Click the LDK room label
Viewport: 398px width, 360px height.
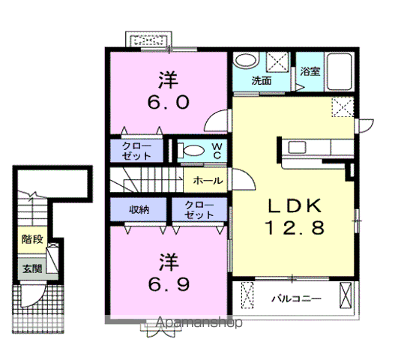295,205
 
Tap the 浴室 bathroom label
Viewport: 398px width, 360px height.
310,71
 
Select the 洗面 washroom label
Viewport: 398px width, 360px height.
262,81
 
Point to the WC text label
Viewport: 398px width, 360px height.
217,151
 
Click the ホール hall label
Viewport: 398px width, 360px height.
208,181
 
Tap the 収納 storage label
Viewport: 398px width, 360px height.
139,210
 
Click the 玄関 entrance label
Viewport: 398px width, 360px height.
32,268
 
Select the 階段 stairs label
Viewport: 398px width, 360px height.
32,239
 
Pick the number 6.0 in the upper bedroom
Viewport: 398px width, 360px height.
169,103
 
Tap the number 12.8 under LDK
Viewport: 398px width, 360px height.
295,227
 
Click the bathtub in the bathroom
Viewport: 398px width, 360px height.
340,71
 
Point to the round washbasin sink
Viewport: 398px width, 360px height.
246,61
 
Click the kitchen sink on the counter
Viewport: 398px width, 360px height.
297,147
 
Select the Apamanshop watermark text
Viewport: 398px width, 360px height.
199,323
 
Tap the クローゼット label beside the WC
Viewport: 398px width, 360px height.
136,151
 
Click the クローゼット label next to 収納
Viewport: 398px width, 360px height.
199,210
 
